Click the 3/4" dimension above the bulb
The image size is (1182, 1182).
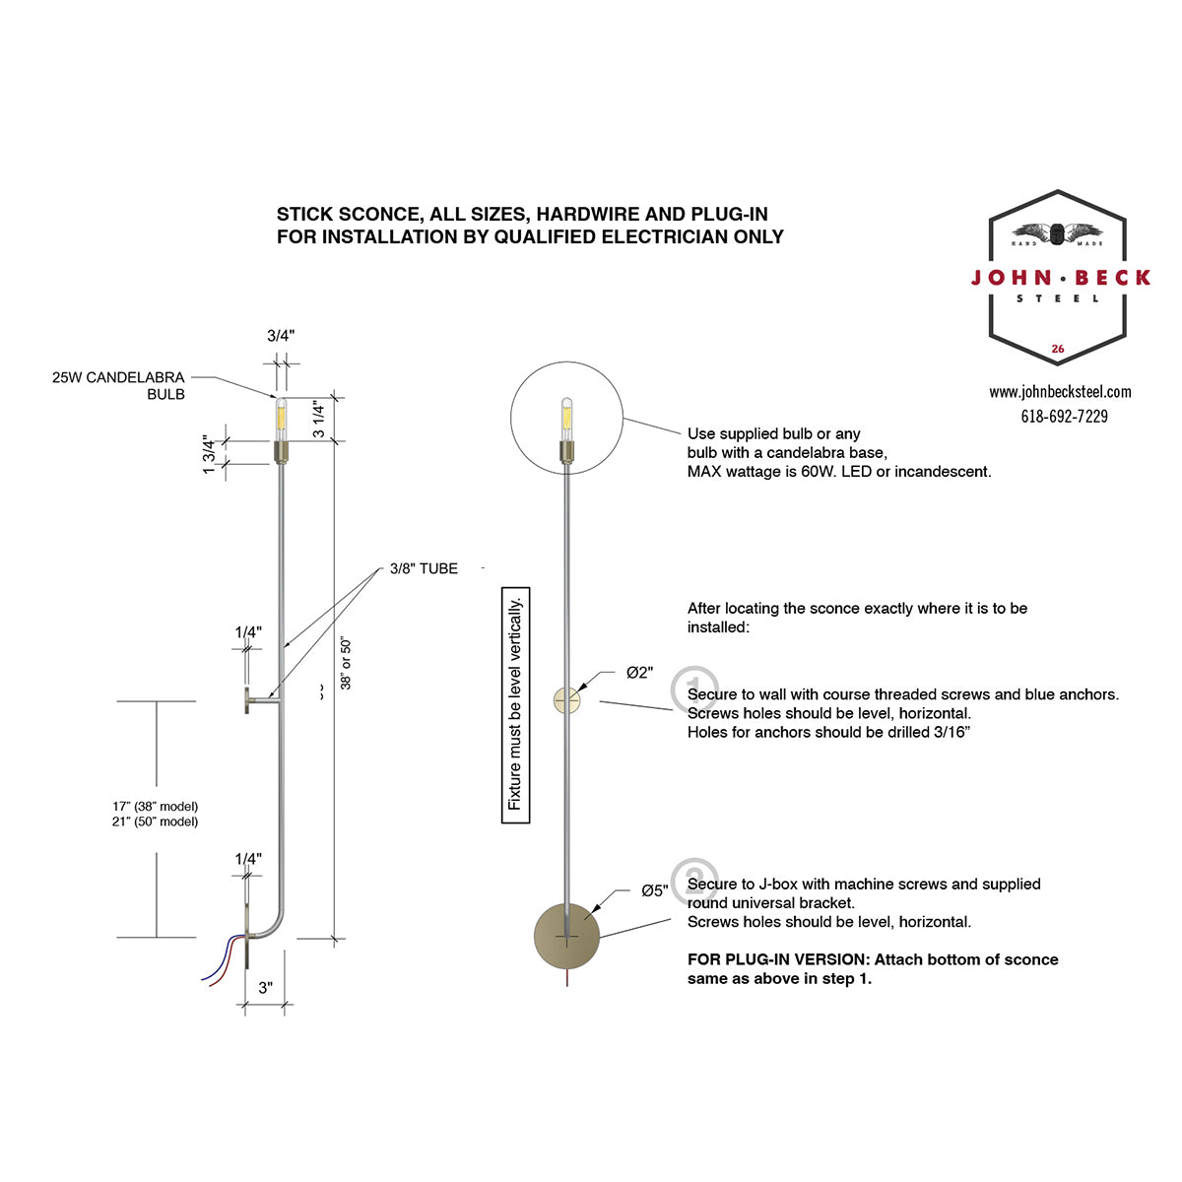point(281,336)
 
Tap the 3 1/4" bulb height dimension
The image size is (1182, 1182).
point(318,419)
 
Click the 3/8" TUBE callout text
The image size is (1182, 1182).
point(424,568)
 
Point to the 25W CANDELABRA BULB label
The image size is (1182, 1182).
point(118,386)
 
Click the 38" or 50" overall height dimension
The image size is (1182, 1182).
point(346,664)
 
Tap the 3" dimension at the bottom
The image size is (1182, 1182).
point(265,988)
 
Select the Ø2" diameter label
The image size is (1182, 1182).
point(640,673)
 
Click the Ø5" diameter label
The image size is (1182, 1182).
point(655,890)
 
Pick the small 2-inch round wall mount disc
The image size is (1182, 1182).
point(566,700)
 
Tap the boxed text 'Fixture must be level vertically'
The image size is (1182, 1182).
point(515,705)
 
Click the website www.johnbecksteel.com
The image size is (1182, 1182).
point(1060,391)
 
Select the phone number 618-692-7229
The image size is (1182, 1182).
point(1064,417)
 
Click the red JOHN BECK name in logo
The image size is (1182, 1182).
point(1061,278)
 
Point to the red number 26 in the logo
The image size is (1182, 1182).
point(1058,349)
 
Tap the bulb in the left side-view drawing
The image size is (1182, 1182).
point(282,420)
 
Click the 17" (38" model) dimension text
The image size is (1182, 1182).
point(156,806)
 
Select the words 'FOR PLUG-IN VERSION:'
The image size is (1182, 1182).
point(778,959)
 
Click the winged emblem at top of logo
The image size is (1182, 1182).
point(1057,233)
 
